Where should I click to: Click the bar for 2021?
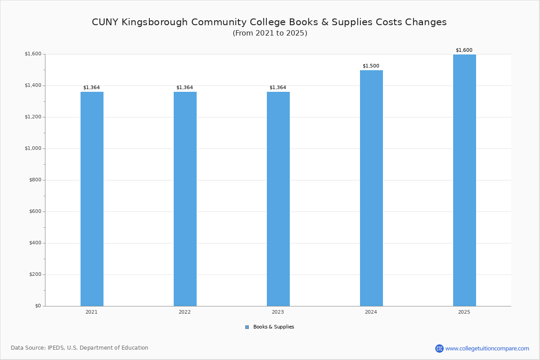click(x=92, y=199)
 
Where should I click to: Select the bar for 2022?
click(x=185, y=199)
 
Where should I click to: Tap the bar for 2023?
click(x=278, y=199)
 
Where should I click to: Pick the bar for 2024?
click(x=371, y=188)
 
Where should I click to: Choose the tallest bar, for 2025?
click(x=464, y=180)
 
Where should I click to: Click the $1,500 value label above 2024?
click(x=371, y=66)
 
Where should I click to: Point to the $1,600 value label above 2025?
click(x=464, y=50)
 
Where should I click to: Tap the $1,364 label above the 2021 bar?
click(x=91, y=88)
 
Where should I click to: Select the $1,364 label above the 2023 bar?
click(x=278, y=88)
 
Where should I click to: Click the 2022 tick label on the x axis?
click(x=184, y=312)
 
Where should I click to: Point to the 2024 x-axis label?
click(x=371, y=312)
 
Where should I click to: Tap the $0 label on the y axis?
click(x=38, y=306)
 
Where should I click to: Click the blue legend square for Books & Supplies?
click(x=247, y=327)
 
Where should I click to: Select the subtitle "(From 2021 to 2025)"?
click(x=270, y=33)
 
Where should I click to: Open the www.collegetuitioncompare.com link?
click(x=487, y=348)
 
